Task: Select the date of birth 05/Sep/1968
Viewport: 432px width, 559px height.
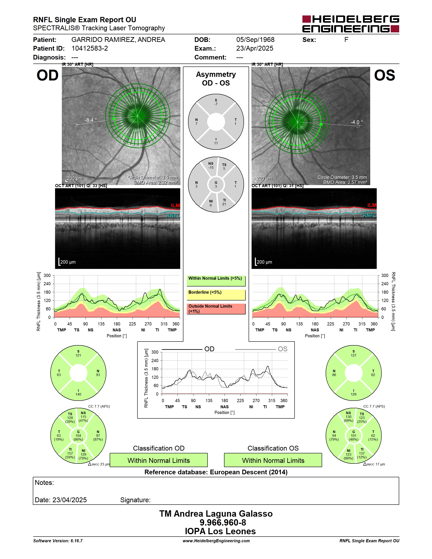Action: [255, 40]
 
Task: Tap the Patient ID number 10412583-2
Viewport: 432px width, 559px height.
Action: [90, 48]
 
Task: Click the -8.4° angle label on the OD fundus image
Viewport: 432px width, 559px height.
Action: [91, 120]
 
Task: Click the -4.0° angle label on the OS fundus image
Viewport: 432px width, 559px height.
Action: [356, 122]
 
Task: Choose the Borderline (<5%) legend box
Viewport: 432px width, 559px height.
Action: [216, 295]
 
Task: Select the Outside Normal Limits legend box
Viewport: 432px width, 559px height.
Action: [216, 309]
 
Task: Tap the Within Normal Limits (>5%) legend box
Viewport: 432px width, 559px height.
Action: [216, 281]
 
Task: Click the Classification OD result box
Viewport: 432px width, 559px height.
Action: [159, 460]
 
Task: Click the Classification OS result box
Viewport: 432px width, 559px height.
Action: [273, 460]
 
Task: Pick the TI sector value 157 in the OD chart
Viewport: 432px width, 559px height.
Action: [70, 453]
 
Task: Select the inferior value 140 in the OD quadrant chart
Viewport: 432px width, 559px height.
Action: [78, 394]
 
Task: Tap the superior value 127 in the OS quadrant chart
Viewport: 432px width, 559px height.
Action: [353, 355]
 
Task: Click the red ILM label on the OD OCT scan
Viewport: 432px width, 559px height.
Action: [175, 206]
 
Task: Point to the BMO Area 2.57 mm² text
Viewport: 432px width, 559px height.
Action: [345, 183]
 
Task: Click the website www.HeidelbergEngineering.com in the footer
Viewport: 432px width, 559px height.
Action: [216, 541]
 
